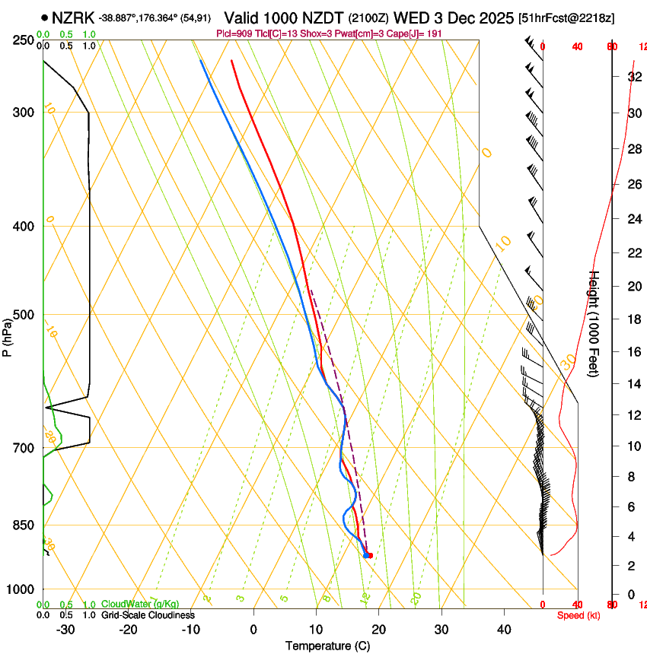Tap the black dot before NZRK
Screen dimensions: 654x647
[46, 17]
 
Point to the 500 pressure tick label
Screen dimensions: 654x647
[24, 315]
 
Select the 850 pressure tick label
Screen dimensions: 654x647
[24, 525]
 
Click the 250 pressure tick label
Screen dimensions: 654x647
[24, 40]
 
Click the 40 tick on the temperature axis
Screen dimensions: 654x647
[504, 629]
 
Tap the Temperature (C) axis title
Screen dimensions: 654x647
[327, 646]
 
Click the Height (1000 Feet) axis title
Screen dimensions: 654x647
[594, 323]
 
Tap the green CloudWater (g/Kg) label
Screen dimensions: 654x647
[140, 604]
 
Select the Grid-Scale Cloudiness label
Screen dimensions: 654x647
[148, 615]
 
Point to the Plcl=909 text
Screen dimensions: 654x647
[234, 34]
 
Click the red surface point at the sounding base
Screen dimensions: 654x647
[368, 555]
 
